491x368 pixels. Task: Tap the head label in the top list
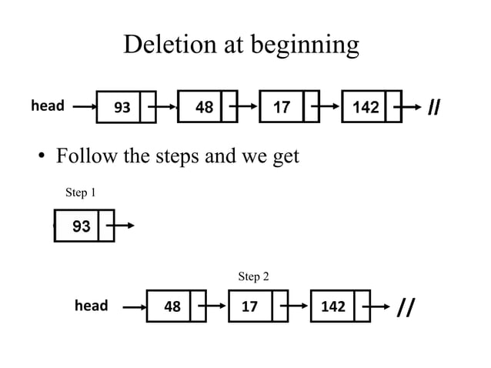point(47,105)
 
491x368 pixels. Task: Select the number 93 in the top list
point(122,107)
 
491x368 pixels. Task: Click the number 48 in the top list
point(204,107)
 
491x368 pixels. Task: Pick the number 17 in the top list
point(282,107)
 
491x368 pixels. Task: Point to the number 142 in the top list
point(366,107)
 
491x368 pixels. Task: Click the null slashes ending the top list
point(433,107)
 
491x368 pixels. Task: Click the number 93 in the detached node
point(81,226)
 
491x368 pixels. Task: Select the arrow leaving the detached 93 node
point(123,226)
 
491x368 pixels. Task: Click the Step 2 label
point(253,276)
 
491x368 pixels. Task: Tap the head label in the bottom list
point(91,306)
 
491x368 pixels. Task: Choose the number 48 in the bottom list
point(172,306)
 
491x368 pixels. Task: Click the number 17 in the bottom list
point(250,306)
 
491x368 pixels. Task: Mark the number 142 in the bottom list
point(332,306)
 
